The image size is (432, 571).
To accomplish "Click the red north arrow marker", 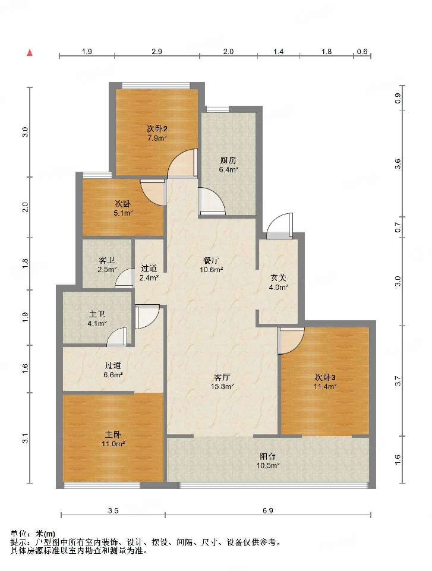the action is point(30,53).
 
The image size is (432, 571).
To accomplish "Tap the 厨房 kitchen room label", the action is point(228,160).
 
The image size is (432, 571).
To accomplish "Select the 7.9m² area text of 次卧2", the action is point(157,138).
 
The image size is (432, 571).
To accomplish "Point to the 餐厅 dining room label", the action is point(212,261).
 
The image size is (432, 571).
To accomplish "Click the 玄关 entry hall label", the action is point(278,278).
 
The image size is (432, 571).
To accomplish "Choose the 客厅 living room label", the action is point(222,377).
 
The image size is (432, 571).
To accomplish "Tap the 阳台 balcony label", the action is point(268,456).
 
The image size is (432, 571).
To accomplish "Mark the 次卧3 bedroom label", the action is point(325,377).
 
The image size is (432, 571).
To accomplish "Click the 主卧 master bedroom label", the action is point(113,434).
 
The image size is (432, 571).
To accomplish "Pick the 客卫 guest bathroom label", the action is point(107,261).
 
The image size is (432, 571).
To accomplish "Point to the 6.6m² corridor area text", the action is point(113,374).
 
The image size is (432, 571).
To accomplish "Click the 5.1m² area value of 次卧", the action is point(123,213).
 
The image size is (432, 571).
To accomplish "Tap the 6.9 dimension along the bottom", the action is point(268,510).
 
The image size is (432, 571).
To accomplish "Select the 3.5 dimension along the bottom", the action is point(113,510).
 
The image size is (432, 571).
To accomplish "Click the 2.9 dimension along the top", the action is point(157,51).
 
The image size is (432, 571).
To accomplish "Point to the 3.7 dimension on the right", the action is point(398,381).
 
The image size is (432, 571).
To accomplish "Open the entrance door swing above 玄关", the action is point(280,226).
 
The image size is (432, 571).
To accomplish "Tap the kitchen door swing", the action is point(212,201).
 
